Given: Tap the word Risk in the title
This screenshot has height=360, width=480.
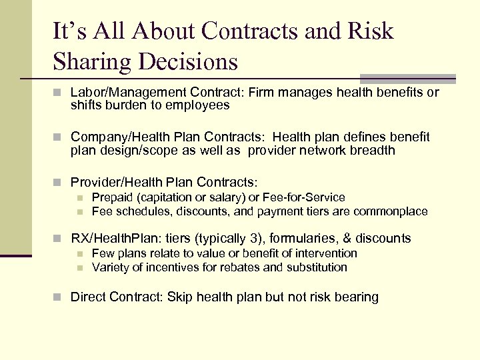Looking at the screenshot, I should click(x=370, y=31).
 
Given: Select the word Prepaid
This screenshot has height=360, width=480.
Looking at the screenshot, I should click(x=111, y=197).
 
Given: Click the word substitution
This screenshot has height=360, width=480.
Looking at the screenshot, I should click(x=316, y=267).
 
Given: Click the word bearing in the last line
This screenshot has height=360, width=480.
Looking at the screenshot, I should click(x=357, y=297).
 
